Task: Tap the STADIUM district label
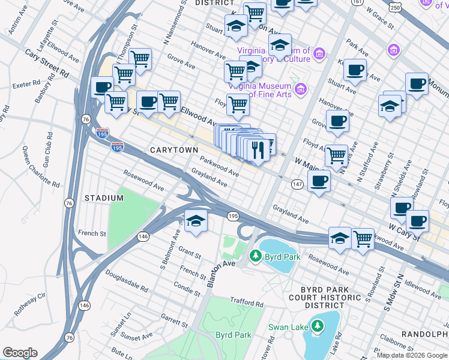(104, 197)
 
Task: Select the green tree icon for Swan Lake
(316, 327)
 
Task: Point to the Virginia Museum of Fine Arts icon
(301, 90)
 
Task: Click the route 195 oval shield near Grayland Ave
(234, 215)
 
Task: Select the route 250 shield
(394, 6)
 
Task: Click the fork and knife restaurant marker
(258, 150)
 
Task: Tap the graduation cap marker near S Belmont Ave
(196, 221)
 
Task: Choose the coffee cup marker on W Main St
(319, 181)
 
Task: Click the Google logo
(20, 353)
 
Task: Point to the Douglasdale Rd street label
(127, 280)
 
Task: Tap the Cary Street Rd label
(47, 63)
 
